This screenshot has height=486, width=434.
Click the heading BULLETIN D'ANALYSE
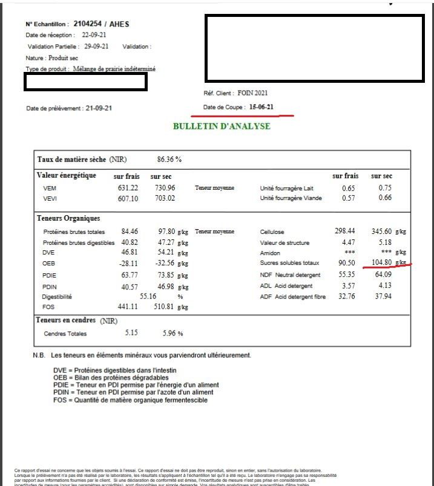222,126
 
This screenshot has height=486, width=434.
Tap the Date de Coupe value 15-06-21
261,107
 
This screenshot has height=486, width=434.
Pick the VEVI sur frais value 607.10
128,198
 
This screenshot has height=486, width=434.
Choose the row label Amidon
269,253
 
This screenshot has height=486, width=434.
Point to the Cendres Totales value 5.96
172,333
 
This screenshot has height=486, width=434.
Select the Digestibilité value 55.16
148,297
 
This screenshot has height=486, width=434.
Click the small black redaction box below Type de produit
85,82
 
